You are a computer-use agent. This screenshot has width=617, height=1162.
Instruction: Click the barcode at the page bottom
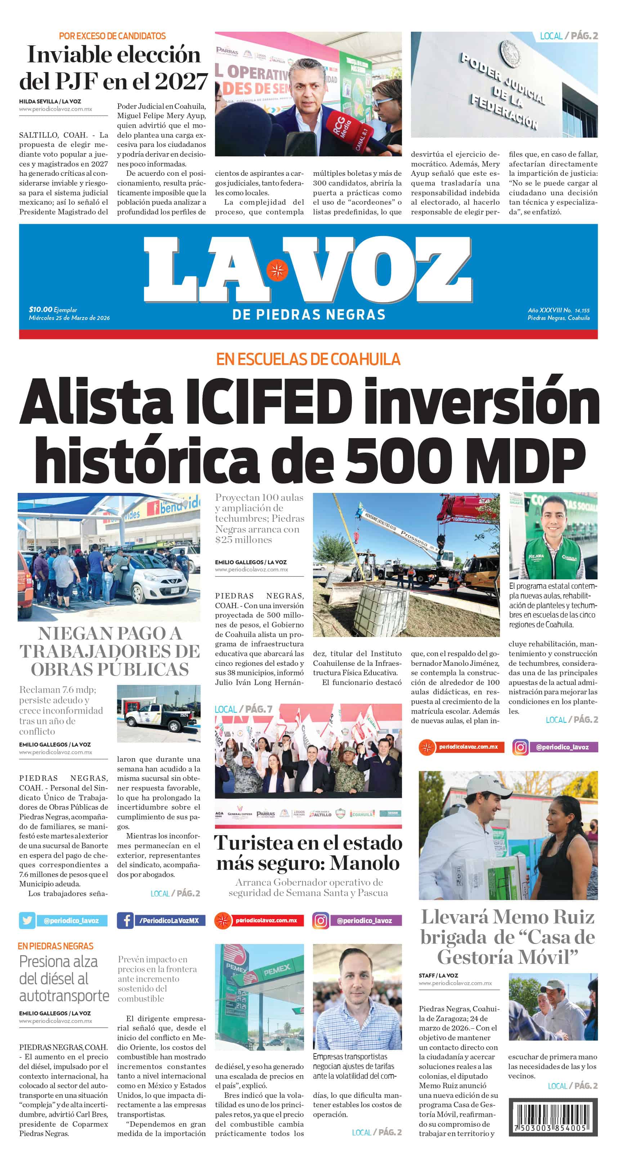click(x=553, y=1117)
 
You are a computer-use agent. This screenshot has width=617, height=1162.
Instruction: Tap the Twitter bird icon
click(x=27, y=921)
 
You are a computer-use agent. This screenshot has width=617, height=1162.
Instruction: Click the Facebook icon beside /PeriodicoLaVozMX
click(x=125, y=921)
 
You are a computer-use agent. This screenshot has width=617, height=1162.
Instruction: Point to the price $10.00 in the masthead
click(x=41, y=310)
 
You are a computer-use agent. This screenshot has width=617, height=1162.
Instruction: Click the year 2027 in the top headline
click(x=181, y=81)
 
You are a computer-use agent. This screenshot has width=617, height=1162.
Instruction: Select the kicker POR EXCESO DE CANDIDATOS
click(x=112, y=36)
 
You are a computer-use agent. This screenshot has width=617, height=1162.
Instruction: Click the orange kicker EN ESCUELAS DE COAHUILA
click(x=308, y=359)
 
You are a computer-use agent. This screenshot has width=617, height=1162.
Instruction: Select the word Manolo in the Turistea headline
click(x=365, y=863)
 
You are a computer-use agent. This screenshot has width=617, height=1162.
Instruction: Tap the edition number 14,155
click(x=582, y=310)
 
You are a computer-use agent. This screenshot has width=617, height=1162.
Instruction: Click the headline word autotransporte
click(x=64, y=995)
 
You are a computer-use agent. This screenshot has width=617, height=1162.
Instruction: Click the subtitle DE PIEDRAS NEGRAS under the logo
click(x=308, y=315)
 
